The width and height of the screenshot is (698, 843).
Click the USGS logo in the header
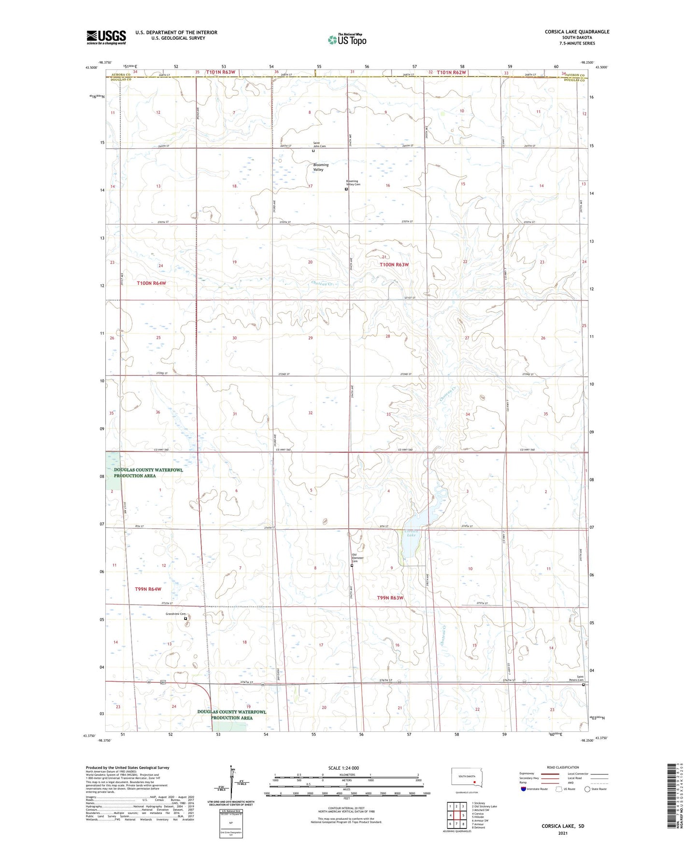point(106,37)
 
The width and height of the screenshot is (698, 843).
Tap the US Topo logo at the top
point(347,39)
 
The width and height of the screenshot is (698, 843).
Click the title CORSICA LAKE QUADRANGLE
point(577,32)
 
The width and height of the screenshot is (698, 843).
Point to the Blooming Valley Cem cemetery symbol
point(346,189)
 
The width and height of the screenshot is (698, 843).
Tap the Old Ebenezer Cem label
point(357,558)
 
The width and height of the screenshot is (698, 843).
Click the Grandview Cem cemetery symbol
point(185,618)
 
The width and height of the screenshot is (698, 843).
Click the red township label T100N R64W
point(151,283)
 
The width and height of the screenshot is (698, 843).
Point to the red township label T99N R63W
point(390,598)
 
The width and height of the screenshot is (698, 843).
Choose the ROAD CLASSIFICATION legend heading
point(563,767)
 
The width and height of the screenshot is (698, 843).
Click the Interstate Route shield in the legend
point(524,789)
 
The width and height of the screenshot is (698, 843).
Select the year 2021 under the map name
point(563,833)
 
